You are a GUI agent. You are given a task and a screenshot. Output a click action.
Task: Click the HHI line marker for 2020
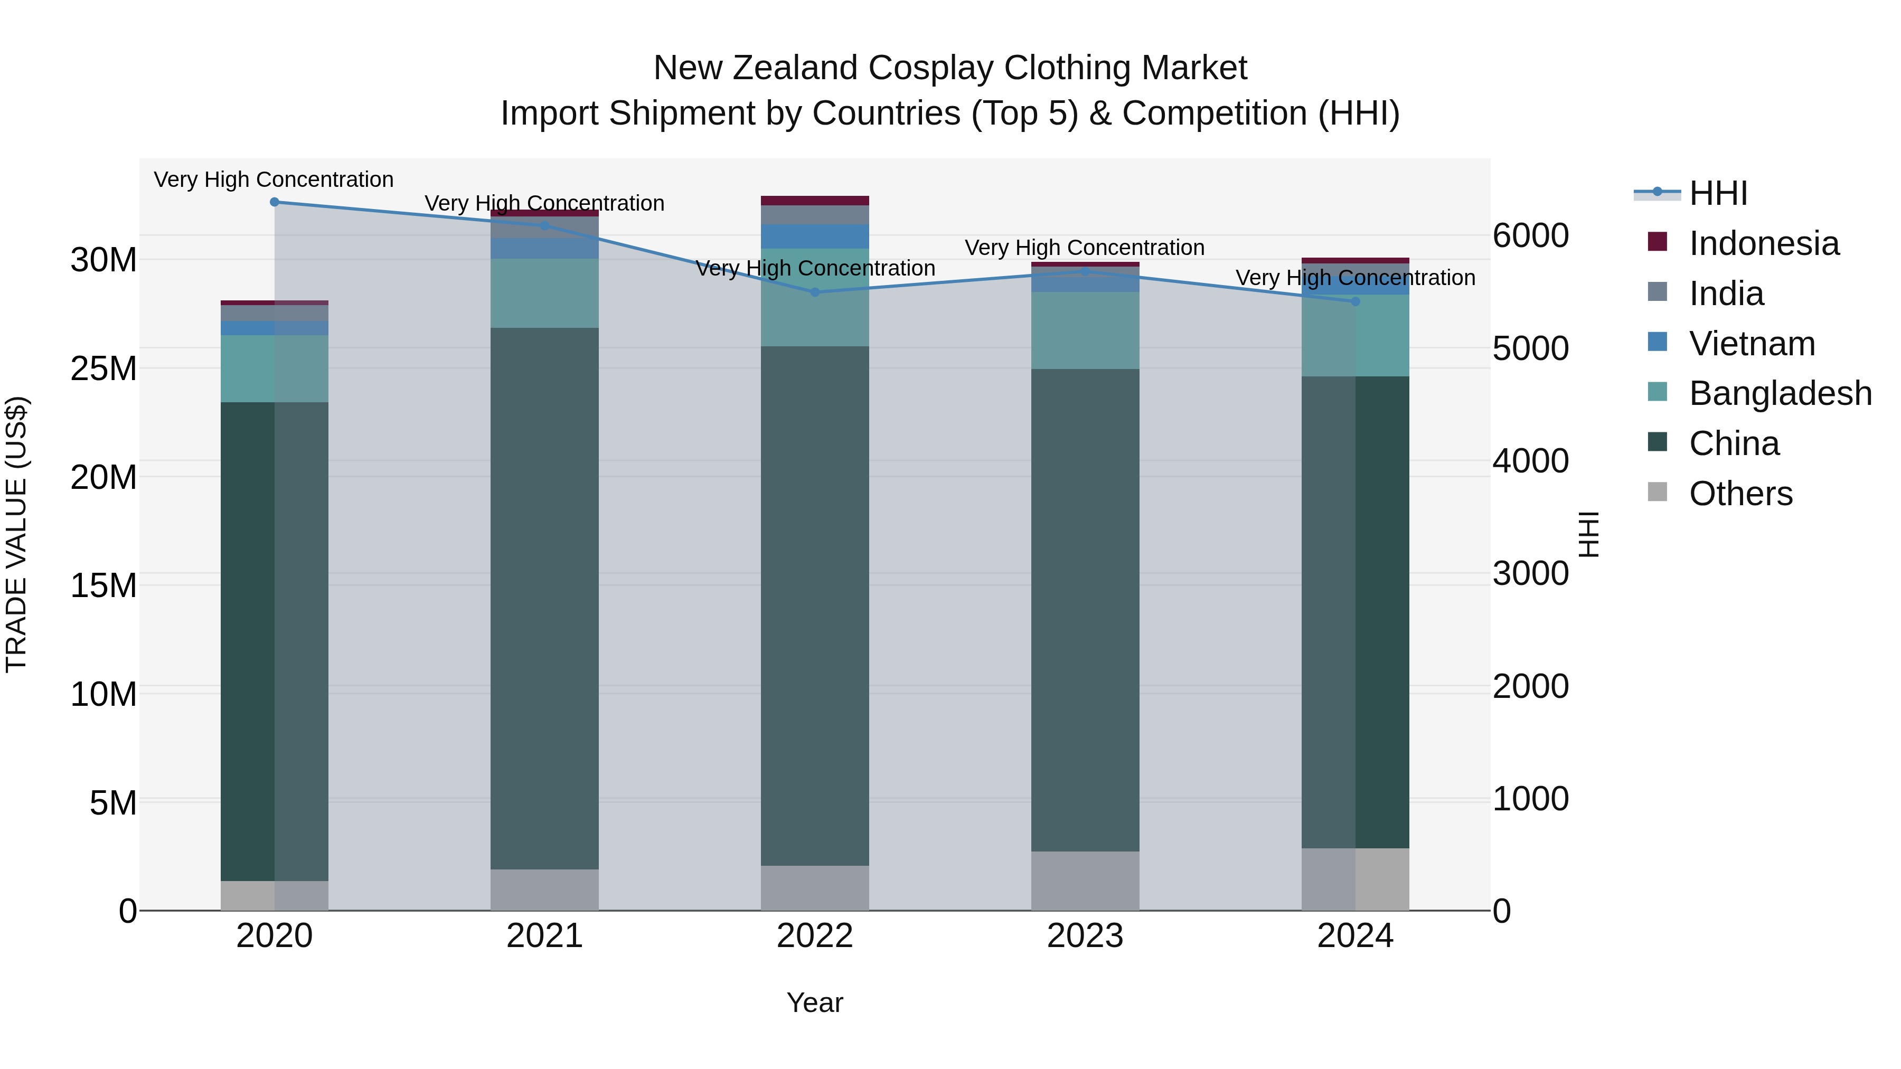(275, 202)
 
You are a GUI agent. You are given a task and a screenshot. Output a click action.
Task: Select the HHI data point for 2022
(815, 292)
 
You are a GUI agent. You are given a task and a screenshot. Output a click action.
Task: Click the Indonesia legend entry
(1764, 243)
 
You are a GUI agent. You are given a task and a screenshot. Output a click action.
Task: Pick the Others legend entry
(1740, 494)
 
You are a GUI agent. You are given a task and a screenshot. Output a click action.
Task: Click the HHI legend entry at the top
(1718, 193)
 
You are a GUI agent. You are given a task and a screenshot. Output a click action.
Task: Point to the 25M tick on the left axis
(103, 368)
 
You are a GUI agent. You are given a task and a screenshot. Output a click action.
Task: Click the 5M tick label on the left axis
(113, 802)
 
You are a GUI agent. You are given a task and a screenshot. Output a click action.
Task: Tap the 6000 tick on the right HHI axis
(1530, 236)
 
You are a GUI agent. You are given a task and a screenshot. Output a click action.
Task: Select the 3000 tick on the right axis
(1530, 574)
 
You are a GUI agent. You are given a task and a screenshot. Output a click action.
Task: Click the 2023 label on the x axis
(1085, 936)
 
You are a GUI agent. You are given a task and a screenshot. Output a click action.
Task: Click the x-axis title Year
(815, 1002)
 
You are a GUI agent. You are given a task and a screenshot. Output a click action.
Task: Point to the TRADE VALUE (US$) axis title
(16, 534)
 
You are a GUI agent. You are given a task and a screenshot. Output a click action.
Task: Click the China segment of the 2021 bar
(544, 598)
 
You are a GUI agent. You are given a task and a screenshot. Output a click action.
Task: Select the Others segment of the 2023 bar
(1085, 881)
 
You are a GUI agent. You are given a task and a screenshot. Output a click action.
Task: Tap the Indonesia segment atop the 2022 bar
(815, 201)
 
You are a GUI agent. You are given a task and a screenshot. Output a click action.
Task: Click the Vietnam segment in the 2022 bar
(815, 236)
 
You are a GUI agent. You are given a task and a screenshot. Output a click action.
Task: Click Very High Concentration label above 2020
(274, 179)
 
